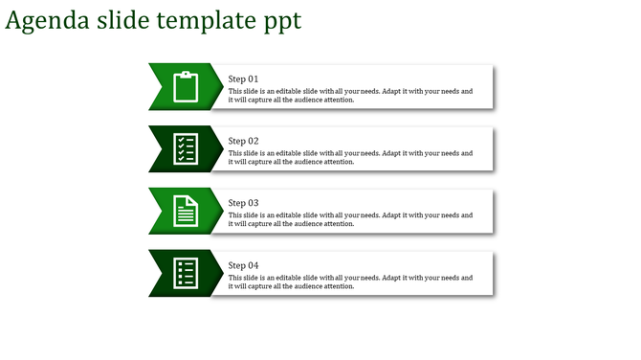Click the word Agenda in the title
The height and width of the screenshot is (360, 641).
point(47,20)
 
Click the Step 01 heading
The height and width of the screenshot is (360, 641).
point(243,79)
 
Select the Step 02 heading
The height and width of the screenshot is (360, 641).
point(243,141)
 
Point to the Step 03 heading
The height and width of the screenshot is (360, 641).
point(243,203)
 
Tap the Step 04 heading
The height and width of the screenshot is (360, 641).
point(243,265)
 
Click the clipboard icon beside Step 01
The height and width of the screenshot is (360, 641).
point(186,87)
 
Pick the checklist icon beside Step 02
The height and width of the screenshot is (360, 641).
point(186,149)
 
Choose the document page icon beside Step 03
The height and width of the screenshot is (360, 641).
point(186,212)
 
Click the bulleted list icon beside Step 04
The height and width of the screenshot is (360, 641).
point(186,274)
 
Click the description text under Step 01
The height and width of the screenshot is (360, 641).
point(350,95)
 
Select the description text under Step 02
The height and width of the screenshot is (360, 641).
point(350,157)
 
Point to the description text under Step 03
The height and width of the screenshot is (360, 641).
point(350,219)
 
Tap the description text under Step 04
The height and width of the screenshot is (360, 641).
point(350,281)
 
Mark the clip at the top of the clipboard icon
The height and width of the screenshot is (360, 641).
point(186,74)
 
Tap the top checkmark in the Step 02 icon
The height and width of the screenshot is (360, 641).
point(179,140)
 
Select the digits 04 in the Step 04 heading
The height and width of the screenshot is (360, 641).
point(253,265)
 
